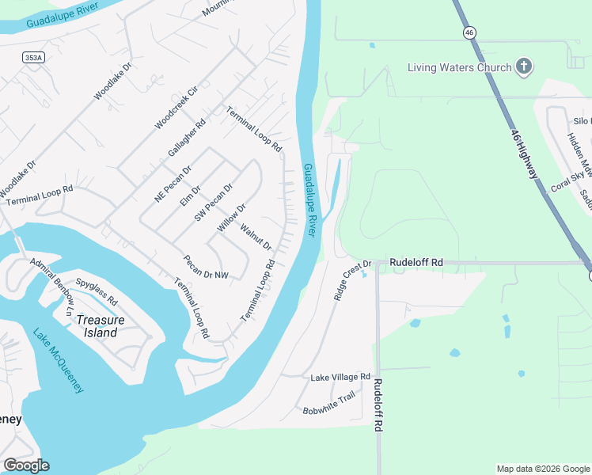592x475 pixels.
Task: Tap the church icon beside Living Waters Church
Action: tap(523, 67)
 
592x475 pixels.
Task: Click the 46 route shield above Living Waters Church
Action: tap(469, 32)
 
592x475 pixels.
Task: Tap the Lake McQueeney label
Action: tap(59, 361)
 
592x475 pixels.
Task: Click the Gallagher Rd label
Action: tap(187, 137)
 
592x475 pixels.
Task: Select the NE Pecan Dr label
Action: tap(173, 184)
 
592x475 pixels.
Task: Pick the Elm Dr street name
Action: tap(190, 195)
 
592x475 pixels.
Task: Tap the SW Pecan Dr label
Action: tap(214, 203)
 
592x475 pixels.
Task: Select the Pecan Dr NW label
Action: tap(205, 267)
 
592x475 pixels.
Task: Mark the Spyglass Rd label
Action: tap(97, 291)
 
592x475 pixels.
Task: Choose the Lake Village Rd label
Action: tap(340, 377)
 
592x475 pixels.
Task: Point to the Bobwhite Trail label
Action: tap(329, 405)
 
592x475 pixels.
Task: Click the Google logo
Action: tap(26, 465)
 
